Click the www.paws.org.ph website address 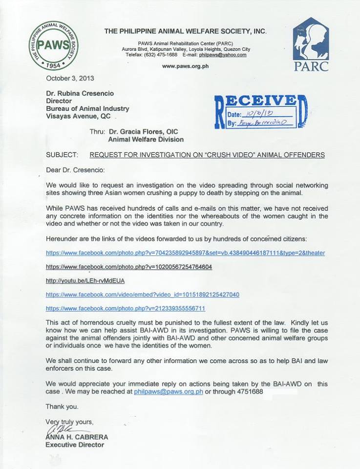click(x=185, y=66)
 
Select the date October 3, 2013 click(x=70, y=78)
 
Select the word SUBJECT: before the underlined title click(x=62, y=155)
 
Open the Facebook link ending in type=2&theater click(x=185, y=253)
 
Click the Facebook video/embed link click(x=143, y=295)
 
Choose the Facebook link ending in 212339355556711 click(x=126, y=308)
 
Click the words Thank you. click(x=62, y=406)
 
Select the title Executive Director click(x=75, y=445)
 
